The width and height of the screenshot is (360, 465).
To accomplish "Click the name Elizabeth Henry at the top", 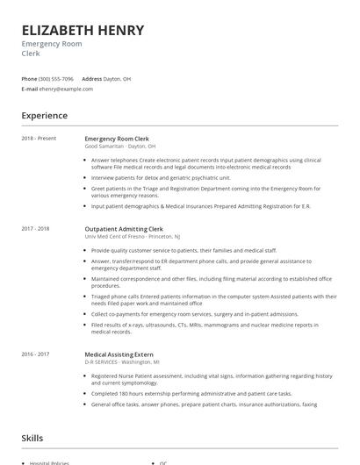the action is pos(83,30).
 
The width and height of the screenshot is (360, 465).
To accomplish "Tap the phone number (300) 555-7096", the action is pos(56,79).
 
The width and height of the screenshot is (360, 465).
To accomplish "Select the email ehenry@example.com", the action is pos(66,89).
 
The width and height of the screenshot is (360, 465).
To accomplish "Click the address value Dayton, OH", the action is pos(117,79).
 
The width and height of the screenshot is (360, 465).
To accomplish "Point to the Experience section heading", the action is pos(45,116).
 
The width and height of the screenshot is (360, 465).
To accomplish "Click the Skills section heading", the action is pos(32,437).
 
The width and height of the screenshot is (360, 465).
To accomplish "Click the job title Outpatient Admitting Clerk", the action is pos(124,229).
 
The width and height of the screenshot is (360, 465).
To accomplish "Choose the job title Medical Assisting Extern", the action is pos(119,354).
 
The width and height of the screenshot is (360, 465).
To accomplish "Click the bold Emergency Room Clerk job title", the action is pos(117,139).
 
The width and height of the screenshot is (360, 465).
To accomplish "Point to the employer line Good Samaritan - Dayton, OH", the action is pos(120,147).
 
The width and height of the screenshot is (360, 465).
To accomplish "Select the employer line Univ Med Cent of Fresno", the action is pos(132,237).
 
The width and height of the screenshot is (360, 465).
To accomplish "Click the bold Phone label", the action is pos(29,79).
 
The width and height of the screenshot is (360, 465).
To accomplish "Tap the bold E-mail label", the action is pos(30,89).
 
